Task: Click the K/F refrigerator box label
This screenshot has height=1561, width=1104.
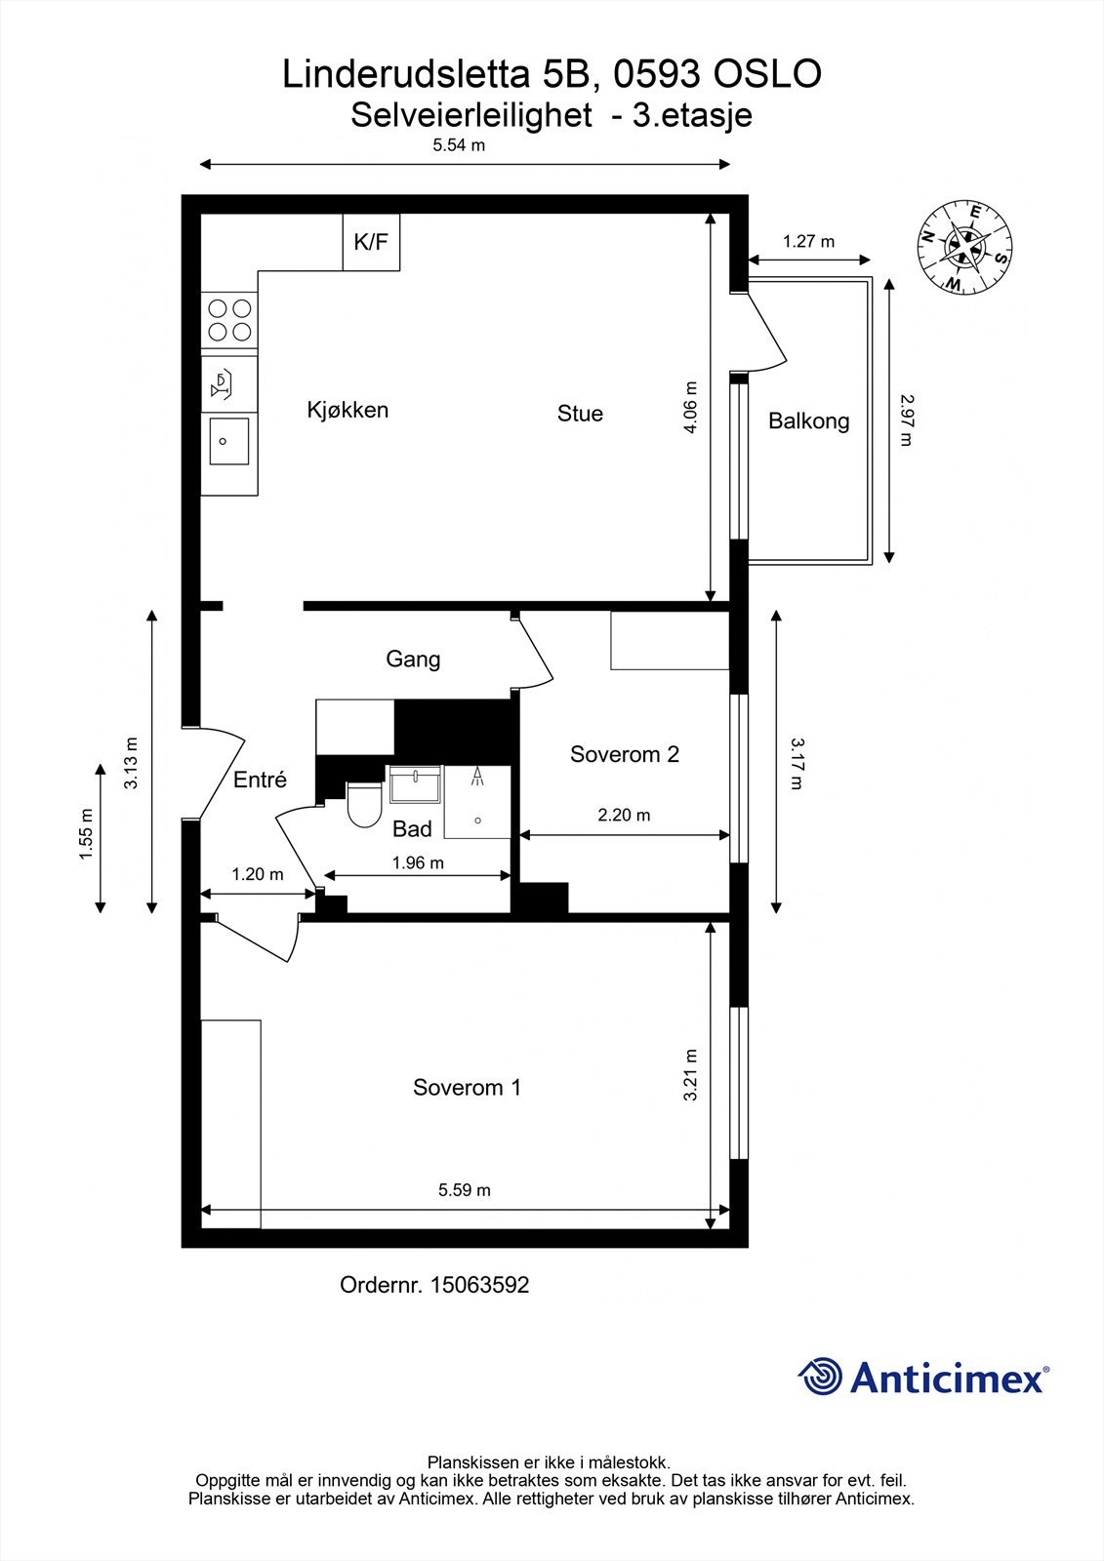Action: coord(370,242)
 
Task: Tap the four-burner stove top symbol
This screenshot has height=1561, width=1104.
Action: coord(229,320)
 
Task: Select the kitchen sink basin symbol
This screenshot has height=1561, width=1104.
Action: coord(229,441)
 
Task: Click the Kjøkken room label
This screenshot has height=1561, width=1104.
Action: coord(348,410)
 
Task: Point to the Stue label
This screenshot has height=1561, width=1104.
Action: coord(580,414)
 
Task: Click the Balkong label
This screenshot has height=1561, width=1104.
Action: coord(809,420)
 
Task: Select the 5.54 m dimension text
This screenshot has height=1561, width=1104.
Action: coord(459,145)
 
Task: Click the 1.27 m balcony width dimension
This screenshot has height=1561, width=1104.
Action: coord(808,241)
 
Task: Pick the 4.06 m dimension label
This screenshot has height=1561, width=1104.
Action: coord(690,407)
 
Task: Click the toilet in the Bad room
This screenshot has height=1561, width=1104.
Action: coord(364,805)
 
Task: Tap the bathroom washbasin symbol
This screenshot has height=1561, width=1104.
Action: coord(415,784)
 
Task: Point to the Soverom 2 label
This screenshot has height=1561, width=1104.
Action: coord(624,754)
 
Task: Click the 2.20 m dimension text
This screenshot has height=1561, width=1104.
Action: coord(624,815)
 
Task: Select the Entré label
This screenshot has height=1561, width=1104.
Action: coord(260,780)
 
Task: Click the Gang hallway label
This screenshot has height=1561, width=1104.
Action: coord(413,660)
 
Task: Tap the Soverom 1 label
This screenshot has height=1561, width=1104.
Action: coord(467,1087)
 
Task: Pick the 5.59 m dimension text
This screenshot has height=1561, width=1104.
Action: coord(465,1189)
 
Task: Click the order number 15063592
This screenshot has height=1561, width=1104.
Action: coord(480,1284)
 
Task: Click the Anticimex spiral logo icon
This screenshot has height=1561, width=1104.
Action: coord(820,1376)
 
